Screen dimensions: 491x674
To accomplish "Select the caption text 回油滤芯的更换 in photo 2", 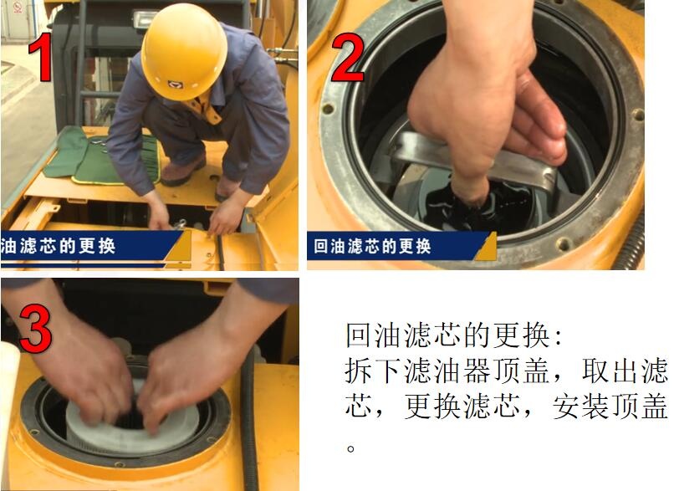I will pyautogui.click(x=372, y=247).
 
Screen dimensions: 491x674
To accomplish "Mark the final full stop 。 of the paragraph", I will pyautogui.click(x=352, y=446).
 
